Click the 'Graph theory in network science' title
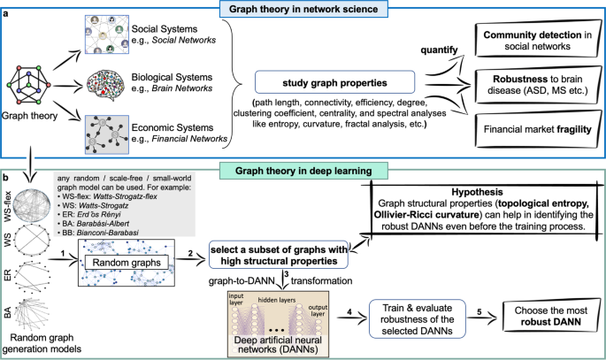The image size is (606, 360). pos(303,11)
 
